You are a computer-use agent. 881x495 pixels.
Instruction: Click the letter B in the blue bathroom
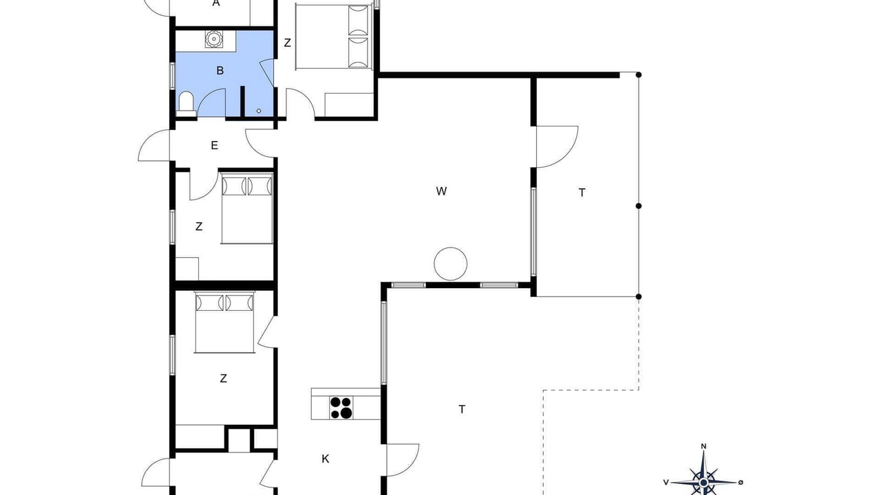tap(220, 71)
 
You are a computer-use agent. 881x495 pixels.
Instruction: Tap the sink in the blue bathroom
tap(214, 39)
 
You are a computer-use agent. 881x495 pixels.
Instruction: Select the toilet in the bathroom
tap(186, 104)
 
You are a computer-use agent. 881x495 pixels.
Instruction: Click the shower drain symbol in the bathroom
tap(259, 111)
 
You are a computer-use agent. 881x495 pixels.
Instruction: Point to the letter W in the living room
tap(441, 191)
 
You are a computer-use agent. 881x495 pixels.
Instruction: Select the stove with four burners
tap(341, 408)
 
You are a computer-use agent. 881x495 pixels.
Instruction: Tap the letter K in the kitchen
tap(326, 459)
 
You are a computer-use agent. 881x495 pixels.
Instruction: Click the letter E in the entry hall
tap(214, 146)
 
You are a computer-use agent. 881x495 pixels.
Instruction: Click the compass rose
tap(703, 482)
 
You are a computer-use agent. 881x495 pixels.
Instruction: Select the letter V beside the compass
tap(666, 482)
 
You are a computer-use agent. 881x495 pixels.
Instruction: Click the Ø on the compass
tap(741, 482)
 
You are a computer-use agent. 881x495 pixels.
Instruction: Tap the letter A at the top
tap(216, 3)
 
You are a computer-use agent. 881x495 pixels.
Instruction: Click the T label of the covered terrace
tap(582, 193)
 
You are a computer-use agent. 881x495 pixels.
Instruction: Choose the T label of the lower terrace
tap(462, 409)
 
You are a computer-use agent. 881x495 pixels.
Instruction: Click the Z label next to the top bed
tap(288, 43)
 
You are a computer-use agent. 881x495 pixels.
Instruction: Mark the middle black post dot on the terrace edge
tap(639, 206)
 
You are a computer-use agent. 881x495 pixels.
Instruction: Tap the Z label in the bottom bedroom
tap(224, 379)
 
